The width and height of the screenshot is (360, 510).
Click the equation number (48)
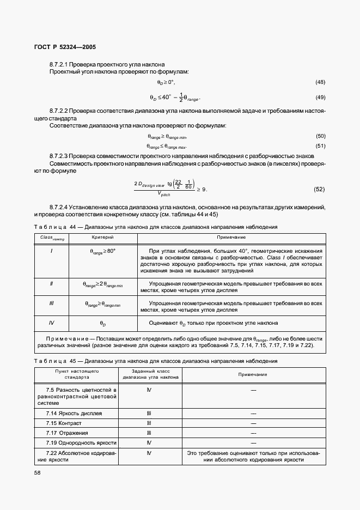pos(320,82)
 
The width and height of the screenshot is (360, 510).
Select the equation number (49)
pos(320,98)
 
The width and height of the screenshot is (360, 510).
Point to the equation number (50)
pos(320,136)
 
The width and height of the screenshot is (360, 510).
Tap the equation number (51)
pos(320,145)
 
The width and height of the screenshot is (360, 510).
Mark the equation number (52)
pos(319,189)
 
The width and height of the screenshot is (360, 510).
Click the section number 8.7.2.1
pos(60,64)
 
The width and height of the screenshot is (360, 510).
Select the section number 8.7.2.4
pos(60,207)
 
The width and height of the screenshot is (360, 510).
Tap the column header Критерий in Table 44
pos(102,238)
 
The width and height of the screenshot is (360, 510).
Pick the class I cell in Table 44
pos(51,250)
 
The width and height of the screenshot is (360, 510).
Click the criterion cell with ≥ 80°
pos(102,250)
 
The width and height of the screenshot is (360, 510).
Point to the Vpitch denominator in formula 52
pos(163,193)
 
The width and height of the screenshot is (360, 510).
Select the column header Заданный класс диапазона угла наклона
pos(148,375)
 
